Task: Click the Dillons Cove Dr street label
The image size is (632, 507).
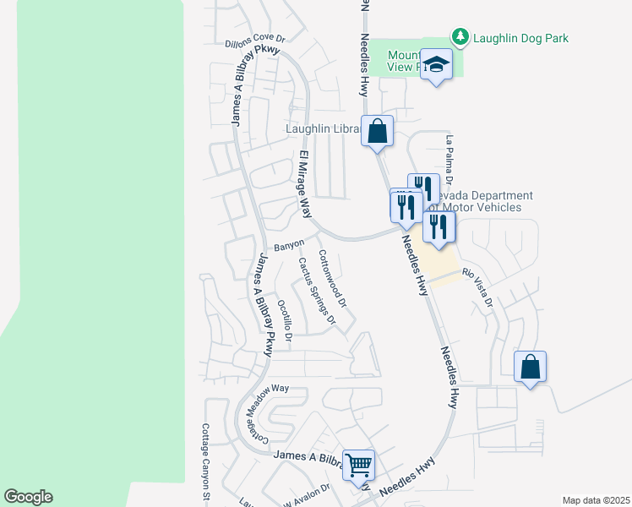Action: click(257, 39)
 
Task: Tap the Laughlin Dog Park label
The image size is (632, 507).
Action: click(520, 38)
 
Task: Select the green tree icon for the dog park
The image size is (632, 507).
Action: click(460, 36)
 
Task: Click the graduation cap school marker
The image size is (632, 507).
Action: click(437, 65)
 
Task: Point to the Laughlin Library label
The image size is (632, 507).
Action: click(325, 129)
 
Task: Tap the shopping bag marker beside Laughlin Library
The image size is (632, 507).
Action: click(378, 132)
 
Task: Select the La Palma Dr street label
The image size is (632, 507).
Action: click(449, 160)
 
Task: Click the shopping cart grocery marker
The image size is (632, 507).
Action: click(359, 464)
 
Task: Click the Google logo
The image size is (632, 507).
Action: click(29, 497)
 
